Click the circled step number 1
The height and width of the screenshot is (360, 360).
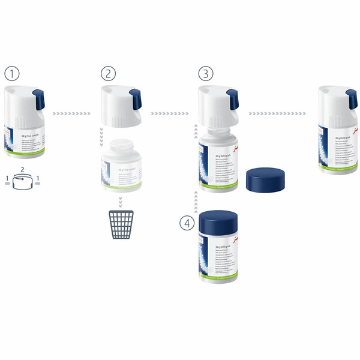pos(12,74)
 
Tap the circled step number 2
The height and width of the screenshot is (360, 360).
pos(108,74)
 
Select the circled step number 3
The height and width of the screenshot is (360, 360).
pos(206,74)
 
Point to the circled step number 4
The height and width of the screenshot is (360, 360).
pos(188,223)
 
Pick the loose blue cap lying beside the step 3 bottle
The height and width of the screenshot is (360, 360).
pos(264,179)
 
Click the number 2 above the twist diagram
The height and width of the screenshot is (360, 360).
pos(23,170)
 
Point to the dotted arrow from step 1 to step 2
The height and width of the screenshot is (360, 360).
pos(71,113)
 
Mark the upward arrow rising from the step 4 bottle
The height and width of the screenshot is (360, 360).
pos(196,197)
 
